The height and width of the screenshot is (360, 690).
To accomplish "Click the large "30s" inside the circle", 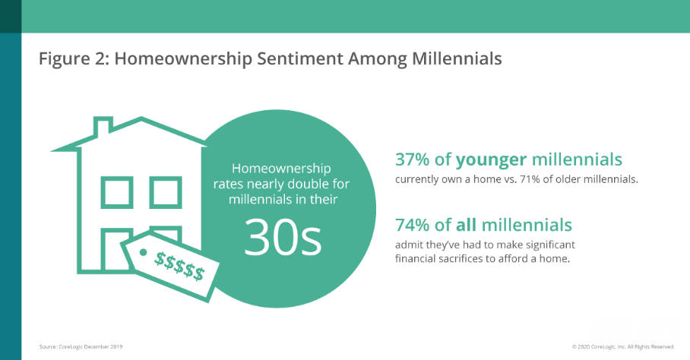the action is tap(283, 237).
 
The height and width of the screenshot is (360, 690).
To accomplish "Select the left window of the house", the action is tap(117, 192).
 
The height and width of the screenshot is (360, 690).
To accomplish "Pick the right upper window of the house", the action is tap(166, 192).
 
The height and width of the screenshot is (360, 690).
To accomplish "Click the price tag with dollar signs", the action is tap(170, 267).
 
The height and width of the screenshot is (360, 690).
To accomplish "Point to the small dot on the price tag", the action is tap(143, 252).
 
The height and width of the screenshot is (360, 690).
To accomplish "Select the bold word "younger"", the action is tap(491, 160).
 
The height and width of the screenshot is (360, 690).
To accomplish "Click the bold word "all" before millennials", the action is tap(466, 225).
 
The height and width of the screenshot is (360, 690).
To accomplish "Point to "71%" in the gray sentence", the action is tap(530, 179).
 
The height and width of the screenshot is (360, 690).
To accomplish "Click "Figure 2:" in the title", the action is tap(74, 59).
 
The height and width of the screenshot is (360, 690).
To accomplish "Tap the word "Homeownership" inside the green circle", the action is tap(282, 169).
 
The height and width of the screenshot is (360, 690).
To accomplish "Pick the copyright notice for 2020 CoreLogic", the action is tap(623, 347).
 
